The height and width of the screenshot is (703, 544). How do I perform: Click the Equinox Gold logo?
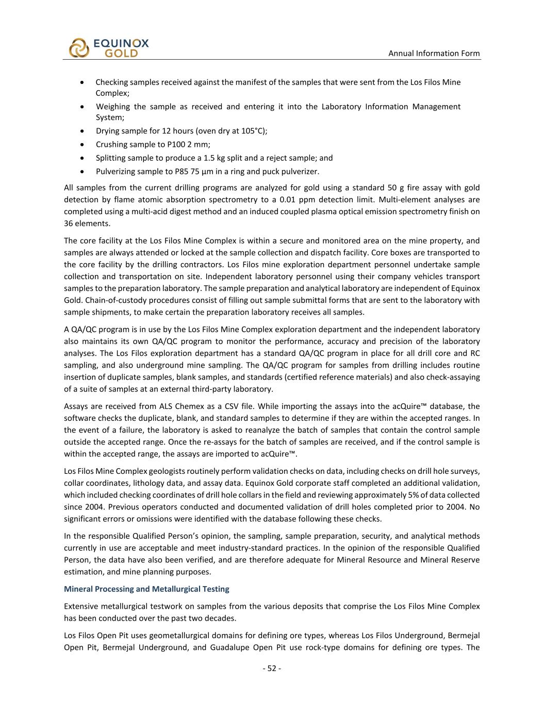tap(109, 47)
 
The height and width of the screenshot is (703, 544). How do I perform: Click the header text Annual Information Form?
tap(434, 53)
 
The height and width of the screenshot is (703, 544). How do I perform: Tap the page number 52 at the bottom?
tap(272, 668)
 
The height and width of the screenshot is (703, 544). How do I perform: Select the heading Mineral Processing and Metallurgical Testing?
tap(146, 589)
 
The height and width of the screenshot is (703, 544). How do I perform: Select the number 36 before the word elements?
tap(69, 223)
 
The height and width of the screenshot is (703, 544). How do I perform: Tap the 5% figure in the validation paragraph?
tap(414, 494)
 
